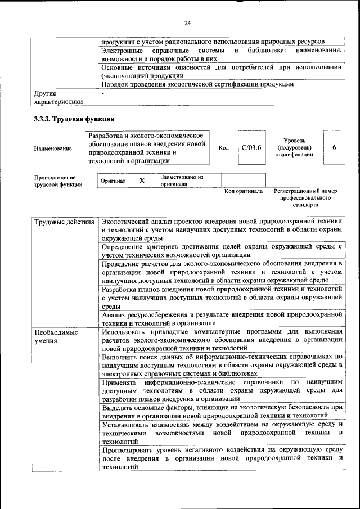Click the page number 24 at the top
click(x=187, y=22)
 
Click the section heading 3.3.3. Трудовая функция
click(x=74, y=119)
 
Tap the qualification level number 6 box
click(x=334, y=147)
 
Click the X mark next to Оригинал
click(x=142, y=181)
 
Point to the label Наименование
click(x=53, y=148)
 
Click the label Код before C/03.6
click(x=223, y=147)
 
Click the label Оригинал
click(x=113, y=181)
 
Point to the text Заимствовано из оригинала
click(x=181, y=181)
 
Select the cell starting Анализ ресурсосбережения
click(x=222, y=318)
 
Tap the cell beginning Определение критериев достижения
click(x=222, y=250)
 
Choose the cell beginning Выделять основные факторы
click(x=222, y=411)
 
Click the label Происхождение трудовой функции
click(x=55, y=181)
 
